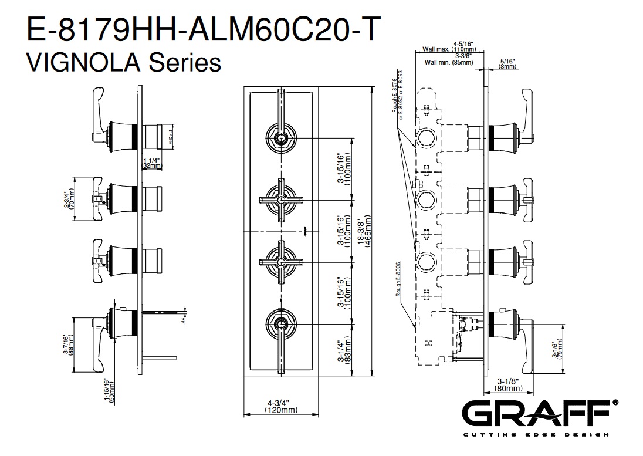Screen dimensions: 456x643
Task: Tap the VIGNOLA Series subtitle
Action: (124, 61)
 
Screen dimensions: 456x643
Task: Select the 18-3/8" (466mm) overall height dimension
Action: (366, 235)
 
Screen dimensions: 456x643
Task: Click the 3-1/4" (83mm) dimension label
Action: (345, 350)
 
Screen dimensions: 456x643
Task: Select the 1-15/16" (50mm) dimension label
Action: (109, 388)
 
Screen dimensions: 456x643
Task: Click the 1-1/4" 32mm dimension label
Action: (152, 163)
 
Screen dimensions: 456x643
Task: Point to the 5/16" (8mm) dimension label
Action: (507, 63)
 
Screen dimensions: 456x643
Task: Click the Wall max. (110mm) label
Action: (449, 49)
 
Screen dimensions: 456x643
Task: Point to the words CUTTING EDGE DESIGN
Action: (539, 435)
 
